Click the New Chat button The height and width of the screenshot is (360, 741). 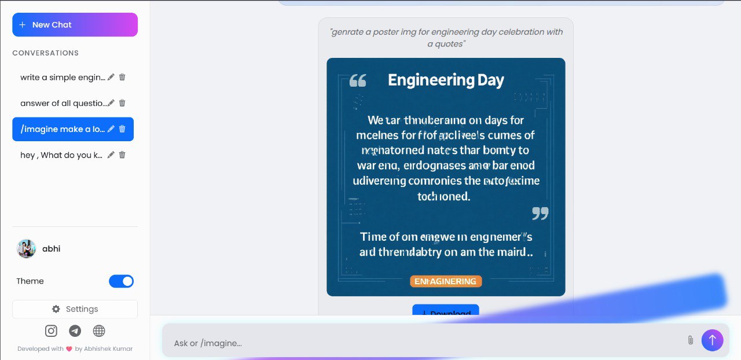click(75, 25)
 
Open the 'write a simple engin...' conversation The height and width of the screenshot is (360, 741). click(63, 77)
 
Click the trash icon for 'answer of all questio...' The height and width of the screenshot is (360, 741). click(122, 103)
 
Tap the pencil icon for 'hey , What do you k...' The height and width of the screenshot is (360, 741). click(111, 155)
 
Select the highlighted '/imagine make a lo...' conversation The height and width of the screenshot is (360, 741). click(63, 129)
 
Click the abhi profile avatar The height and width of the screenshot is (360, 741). click(27, 249)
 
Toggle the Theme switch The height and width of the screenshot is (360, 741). click(121, 281)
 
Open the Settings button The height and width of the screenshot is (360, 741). click(75, 309)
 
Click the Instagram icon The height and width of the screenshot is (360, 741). click(52, 331)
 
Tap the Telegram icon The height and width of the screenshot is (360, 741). click(75, 331)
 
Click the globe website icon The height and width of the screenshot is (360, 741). click(99, 331)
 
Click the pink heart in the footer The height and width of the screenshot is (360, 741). click(69, 349)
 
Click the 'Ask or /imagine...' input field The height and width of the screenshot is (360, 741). click(423, 343)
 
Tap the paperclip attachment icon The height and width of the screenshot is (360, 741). click(690, 340)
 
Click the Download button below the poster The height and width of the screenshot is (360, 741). click(445, 311)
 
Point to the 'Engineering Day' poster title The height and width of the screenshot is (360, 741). click(446, 80)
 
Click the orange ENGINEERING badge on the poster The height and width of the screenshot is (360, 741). click(446, 281)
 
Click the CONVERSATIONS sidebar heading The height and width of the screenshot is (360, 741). click(46, 53)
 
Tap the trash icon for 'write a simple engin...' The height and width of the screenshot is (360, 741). click(122, 77)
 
